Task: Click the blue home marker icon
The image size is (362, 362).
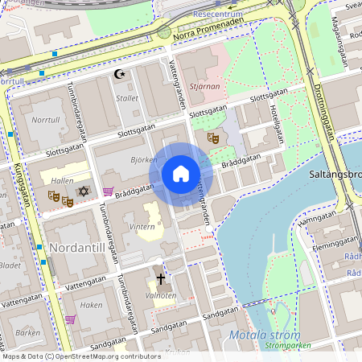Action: click(x=180, y=174)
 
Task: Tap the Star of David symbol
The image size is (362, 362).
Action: click(x=82, y=192)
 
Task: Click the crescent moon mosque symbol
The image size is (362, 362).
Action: click(x=121, y=75)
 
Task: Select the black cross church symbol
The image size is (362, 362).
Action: click(x=160, y=279)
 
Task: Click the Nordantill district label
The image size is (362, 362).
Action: click(x=77, y=246)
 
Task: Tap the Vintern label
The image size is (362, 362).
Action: click(x=142, y=228)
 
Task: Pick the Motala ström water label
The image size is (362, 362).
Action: click(x=264, y=335)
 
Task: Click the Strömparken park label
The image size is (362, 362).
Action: click(x=281, y=346)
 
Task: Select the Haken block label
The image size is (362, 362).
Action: click(x=92, y=305)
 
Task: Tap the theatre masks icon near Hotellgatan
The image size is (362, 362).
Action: click(x=213, y=138)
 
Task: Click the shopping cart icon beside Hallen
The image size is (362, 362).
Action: click(x=108, y=191)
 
